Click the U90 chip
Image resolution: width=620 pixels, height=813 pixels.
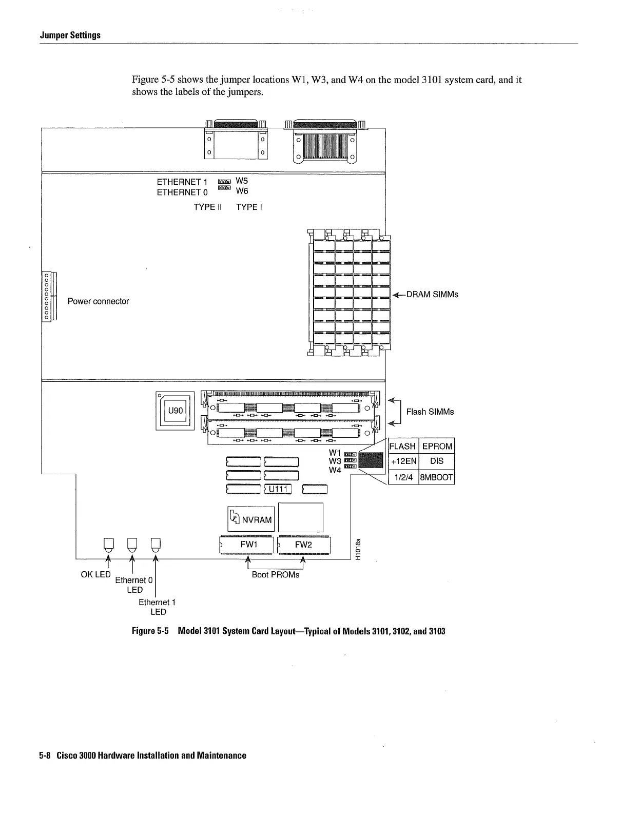tap(175, 411)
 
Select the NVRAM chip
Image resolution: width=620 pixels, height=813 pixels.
tap(251, 519)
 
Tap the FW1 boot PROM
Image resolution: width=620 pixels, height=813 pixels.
tap(248, 545)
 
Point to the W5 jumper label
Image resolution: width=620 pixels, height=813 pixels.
tap(242, 181)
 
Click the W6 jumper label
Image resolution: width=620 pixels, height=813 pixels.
tap(242, 191)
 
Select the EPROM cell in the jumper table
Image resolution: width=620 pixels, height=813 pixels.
tap(437, 446)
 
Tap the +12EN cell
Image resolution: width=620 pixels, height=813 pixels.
tap(404, 461)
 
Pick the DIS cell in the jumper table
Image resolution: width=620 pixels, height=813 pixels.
tap(437, 461)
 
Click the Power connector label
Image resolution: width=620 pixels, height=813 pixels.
tap(98, 301)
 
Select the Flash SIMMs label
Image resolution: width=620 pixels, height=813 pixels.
tap(430, 412)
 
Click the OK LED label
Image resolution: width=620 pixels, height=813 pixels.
tap(95, 574)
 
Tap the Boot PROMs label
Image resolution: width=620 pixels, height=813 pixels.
tap(276, 575)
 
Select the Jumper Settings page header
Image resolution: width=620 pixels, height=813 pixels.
tap(70, 35)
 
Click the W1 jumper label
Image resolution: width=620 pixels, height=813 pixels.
tap(335, 453)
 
